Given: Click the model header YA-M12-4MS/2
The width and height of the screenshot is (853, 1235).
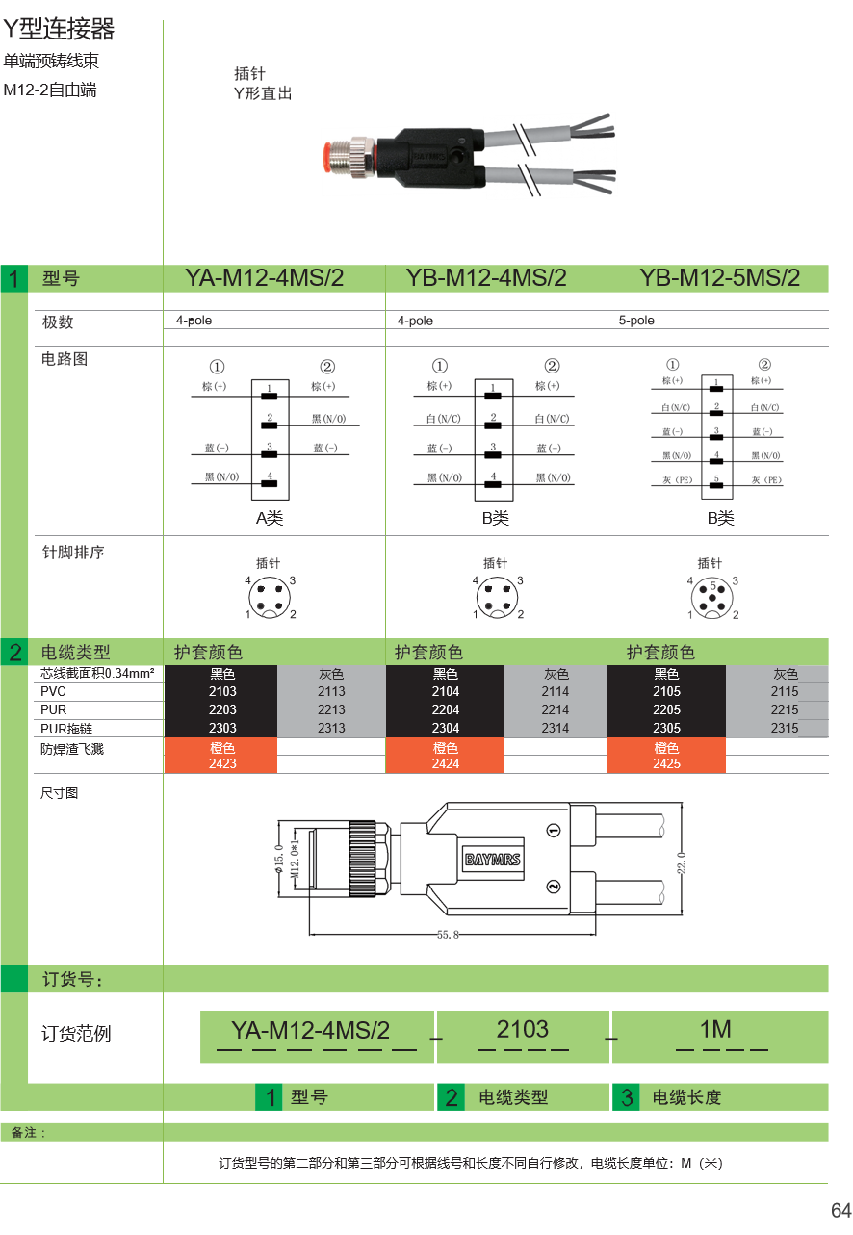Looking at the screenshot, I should point(265,278).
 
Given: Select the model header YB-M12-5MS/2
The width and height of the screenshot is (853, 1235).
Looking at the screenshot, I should point(719,278).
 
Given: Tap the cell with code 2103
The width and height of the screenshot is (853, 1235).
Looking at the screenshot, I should point(222,691).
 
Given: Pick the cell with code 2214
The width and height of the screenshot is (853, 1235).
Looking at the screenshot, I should point(556,709).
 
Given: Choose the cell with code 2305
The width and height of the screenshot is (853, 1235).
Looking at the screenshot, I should point(666,728).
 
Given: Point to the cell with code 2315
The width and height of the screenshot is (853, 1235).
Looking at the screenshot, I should point(785,728).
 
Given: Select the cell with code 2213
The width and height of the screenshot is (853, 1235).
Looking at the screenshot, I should point(331,709).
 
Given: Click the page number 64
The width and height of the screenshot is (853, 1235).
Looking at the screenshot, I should point(840,1210).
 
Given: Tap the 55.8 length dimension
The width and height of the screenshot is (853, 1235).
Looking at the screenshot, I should point(448,934).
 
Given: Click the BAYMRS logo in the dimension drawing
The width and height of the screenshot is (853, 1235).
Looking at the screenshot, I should point(493,860).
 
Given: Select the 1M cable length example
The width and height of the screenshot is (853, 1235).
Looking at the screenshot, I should point(715,1030).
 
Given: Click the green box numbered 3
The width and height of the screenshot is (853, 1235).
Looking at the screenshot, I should point(626,1097).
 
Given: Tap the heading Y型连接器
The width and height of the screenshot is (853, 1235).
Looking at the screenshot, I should point(59,30).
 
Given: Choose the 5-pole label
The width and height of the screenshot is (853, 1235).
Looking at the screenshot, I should point(636,321).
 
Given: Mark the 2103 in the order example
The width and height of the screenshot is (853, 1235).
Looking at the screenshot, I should point(523,1029).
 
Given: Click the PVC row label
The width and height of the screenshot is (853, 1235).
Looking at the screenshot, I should point(54,691).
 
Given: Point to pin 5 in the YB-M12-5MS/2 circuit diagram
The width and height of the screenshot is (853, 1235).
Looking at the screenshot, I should point(715,480).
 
